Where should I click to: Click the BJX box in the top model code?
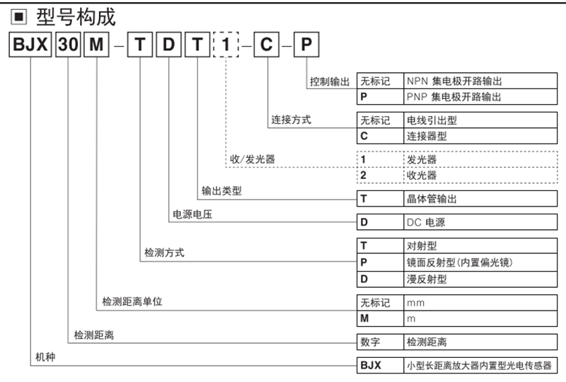click(30, 47)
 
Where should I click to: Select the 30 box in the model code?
click(69, 47)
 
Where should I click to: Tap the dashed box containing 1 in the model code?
click(226, 47)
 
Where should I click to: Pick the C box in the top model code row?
click(267, 47)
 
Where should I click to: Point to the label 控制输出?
click(330, 81)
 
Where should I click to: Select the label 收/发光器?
click(253, 159)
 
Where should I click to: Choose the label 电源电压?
click(192, 214)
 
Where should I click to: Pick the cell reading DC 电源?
click(425, 222)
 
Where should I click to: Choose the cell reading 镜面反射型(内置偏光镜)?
click(459, 262)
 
